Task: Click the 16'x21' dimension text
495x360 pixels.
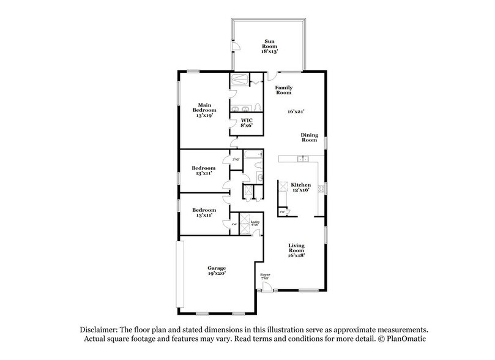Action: pyautogui.click(x=297, y=112)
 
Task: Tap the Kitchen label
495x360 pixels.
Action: pyautogui.click(x=300, y=185)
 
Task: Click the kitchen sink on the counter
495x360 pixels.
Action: pyautogui.click(x=300, y=159)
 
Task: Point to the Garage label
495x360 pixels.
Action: pyautogui.click(x=217, y=268)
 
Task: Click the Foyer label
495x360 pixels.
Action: pyautogui.click(x=265, y=276)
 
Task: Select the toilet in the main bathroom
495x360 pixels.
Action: pyautogui.click(x=259, y=108)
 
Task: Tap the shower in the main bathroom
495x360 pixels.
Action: pyautogui.click(x=239, y=80)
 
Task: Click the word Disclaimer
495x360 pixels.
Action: pyautogui.click(x=95, y=329)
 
